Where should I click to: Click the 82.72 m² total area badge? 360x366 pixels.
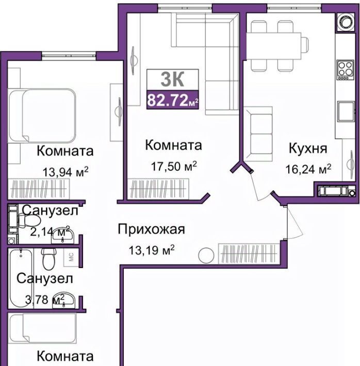click(173, 99)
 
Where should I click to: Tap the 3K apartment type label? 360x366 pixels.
click(172, 79)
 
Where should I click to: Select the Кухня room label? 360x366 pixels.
click(308, 148)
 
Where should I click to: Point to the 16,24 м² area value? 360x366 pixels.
click(308, 169)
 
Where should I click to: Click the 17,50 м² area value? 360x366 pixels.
click(174, 166)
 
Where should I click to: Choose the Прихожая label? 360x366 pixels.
click(152, 229)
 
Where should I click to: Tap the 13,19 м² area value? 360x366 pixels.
click(152, 250)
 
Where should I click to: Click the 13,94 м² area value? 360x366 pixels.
click(66, 172)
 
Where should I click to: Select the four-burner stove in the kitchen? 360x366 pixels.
click(345, 70)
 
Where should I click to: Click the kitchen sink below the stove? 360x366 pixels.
click(346, 111)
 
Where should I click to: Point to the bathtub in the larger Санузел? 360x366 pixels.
click(21, 278)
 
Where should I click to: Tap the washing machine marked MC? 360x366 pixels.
click(71, 257)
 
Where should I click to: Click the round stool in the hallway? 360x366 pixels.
click(206, 255)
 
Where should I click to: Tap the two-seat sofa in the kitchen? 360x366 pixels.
click(258, 134)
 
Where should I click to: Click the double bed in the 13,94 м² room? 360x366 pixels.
click(42, 115)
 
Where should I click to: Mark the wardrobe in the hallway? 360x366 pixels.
click(249, 254)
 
